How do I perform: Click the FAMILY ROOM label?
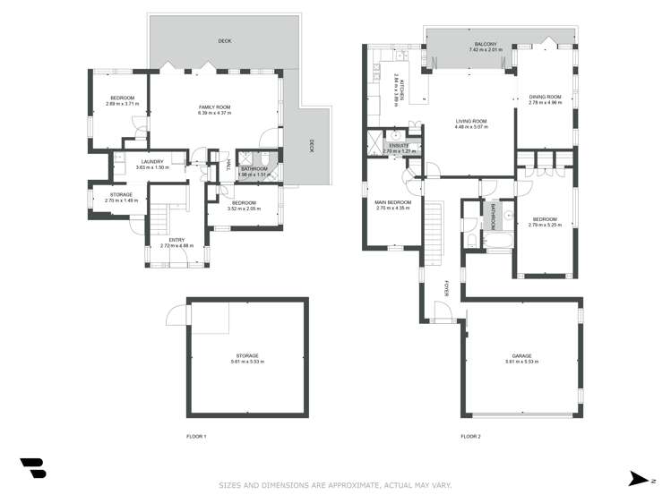[x=215, y=107]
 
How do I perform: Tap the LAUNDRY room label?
[x=150, y=162]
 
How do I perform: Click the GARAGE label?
[x=521, y=355]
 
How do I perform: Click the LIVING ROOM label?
[x=470, y=121]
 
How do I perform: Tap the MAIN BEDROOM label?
[x=392, y=202]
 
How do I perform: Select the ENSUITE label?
[x=399, y=145]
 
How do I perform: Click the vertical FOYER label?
[x=447, y=289]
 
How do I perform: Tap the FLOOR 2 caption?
[x=470, y=437]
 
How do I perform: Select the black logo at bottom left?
[x=32, y=468]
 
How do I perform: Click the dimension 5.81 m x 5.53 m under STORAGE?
[x=246, y=362]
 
